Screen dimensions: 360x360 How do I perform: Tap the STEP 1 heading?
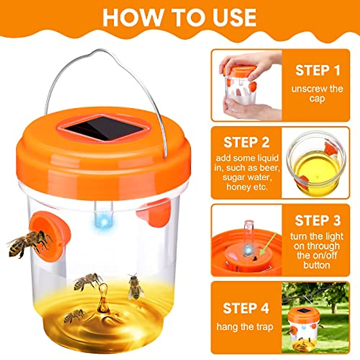pyautogui.click(x=317, y=70)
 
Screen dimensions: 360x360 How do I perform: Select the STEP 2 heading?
pyautogui.click(x=246, y=142)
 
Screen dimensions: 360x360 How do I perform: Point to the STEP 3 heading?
pyautogui.click(x=317, y=220)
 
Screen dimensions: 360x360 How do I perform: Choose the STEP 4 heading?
pyautogui.click(x=246, y=308)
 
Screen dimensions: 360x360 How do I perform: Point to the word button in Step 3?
pyautogui.click(x=316, y=265)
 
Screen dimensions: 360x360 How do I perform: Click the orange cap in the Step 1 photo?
pyautogui.click(x=239, y=70)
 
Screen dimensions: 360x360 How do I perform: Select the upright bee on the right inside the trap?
pyautogui.click(x=134, y=286)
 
